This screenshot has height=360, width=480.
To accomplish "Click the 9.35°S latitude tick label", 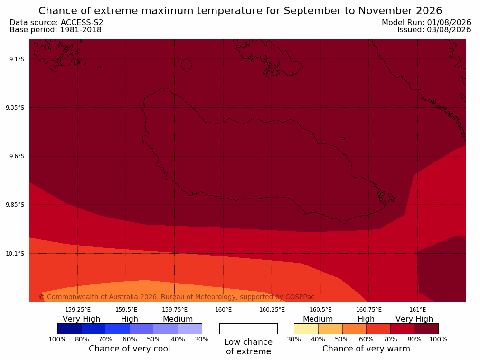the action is pyautogui.click(x=15, y=108).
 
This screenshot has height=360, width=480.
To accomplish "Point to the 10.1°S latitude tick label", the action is pyautogui.click(x=15, y=254).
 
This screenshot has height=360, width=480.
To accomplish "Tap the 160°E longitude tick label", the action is pyautogui.click(x=224, y=310).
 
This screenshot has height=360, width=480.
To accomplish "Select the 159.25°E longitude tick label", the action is pyautogui.click(x=78, y=310).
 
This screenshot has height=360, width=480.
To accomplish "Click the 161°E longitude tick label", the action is pyautogui.click(x=417, y=310).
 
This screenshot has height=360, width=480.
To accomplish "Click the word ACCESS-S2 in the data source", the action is pyautogui.click(x=82, y=23).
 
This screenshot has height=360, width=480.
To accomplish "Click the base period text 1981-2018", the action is pyautogui.click(x=81, y=30).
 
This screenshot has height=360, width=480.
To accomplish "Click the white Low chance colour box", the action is pyautogui.click(x=249, y=329).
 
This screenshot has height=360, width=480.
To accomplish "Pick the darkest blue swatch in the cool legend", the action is pyautogui.click(x=70, y=329).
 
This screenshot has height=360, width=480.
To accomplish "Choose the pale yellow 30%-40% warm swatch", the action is pyautogui.click(x=306, y=329).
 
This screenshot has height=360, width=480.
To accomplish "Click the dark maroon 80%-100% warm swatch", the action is pyautogui.click(x=426, y=329).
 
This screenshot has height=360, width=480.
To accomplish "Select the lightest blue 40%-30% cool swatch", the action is pyautogui.click(x=190, y=329).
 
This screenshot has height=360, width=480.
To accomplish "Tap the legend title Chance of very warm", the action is pyautogui.click(x=366, y=349).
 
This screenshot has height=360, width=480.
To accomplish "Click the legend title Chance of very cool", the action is pyautogui.click(x=130, y=349).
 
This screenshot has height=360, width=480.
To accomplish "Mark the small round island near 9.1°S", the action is pyautogui.click(x=187, y=65).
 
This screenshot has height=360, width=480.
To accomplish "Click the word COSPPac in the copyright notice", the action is pyautogui.click(x=300, y=297).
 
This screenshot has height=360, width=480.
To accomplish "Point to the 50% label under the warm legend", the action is pyautogui.click(x=342, y=339).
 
